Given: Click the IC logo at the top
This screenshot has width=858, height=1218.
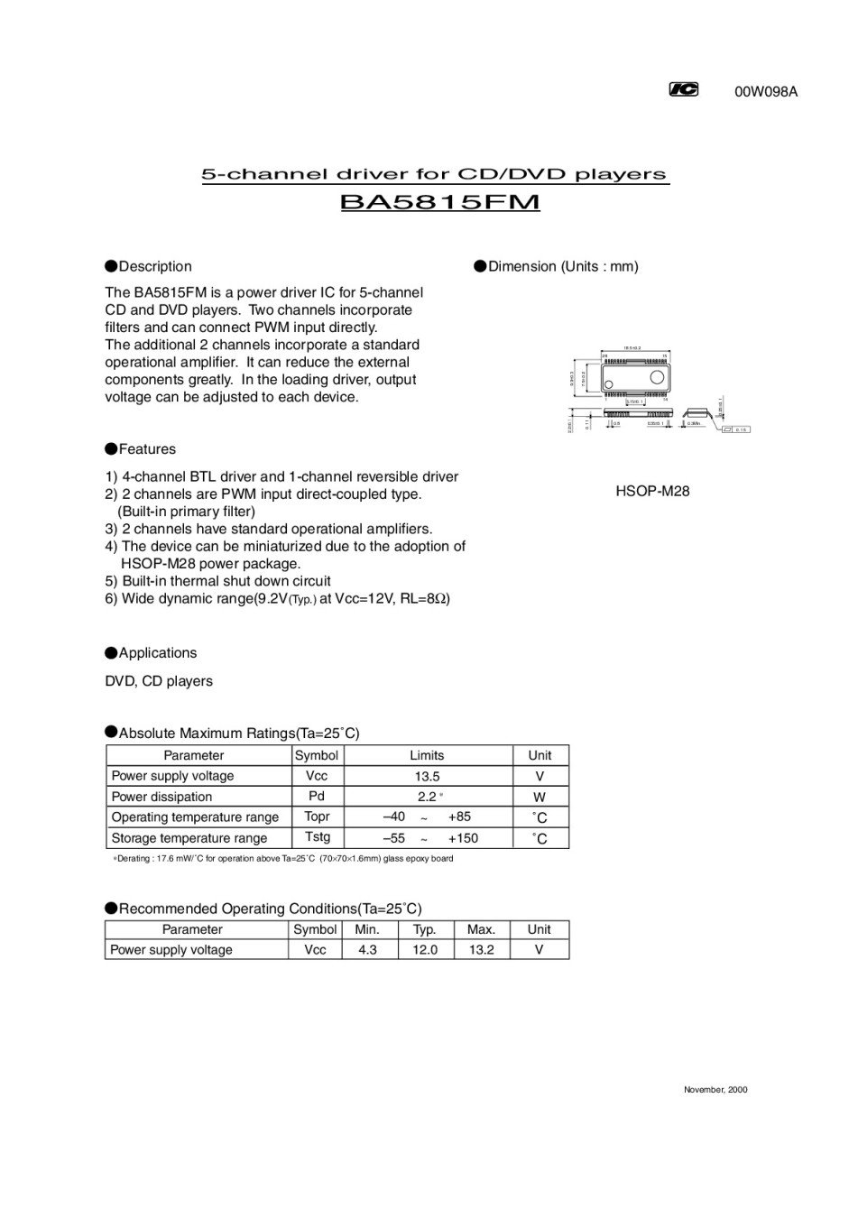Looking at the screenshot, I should coord(683,89).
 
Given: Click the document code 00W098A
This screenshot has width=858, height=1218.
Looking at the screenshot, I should coord(766,91).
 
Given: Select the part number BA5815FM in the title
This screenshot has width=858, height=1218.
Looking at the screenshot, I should coord(439,202).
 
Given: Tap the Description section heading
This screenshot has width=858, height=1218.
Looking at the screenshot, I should coord(154,266).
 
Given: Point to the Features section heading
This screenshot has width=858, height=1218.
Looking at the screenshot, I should coord(146,449).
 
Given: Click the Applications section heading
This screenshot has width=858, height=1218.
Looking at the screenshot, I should coord(157,653).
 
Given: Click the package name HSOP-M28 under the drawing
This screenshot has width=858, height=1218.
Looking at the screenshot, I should coord(652,492).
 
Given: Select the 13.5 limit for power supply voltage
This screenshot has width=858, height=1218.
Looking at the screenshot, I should coord(426,776).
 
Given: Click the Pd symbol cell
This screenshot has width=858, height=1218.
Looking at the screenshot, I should coord(316,796).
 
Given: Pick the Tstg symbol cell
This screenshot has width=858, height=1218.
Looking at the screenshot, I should coord(317,837).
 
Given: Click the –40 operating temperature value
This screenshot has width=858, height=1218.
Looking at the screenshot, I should coord(394,817).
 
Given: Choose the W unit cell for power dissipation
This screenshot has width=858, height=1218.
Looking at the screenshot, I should coord(540,797).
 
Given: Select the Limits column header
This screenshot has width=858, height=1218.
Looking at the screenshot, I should coord(427,755).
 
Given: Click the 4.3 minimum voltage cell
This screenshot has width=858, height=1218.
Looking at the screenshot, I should coord(367,949).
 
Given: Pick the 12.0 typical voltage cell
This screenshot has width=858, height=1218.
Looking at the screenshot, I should coord(425,949).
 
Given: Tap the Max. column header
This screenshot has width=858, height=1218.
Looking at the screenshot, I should coord(481,929).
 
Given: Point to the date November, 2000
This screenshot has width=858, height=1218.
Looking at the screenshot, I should coord(715,1089).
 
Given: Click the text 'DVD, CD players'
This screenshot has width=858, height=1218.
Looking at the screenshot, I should coord(159,681).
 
